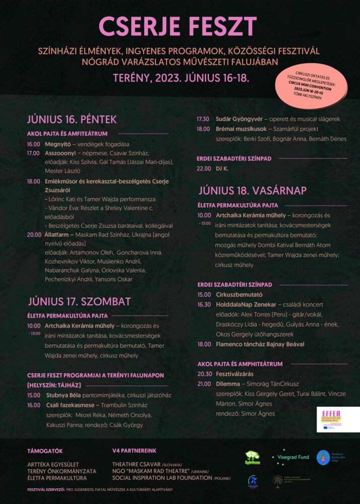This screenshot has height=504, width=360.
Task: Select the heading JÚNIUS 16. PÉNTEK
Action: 72,119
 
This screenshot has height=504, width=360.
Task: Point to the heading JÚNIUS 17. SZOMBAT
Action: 79,301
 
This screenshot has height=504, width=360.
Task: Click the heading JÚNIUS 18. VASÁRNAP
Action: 252,191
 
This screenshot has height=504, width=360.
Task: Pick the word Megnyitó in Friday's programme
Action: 57,144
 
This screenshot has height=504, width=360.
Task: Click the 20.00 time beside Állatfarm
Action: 34,234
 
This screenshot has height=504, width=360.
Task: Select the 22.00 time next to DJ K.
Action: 204,168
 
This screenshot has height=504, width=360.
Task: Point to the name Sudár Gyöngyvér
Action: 237,119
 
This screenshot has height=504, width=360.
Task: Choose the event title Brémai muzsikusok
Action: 239,129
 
